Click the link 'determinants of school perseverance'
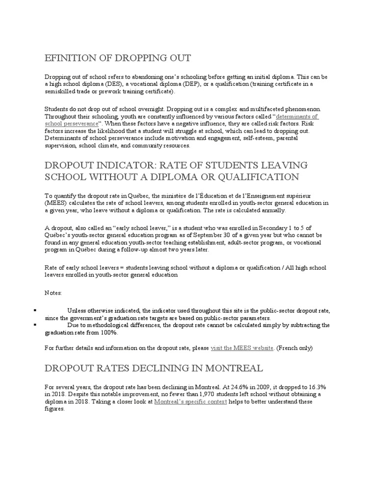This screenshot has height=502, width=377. click(297, 117)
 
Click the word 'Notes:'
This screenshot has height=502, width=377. click(54, 293)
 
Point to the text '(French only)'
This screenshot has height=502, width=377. click(294, 348)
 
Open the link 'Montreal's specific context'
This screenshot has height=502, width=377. click(190, 402)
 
